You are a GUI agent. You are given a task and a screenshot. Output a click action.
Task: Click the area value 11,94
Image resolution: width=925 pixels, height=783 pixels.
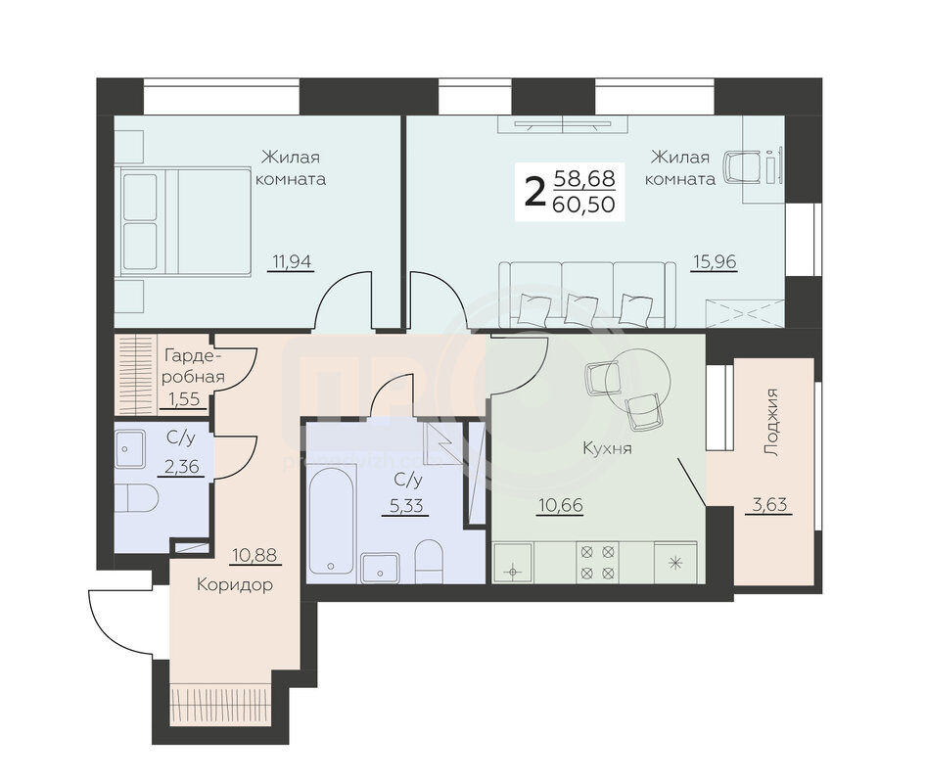tap(292, 260)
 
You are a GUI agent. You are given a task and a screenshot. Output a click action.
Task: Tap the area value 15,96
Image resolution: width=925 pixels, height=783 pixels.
tap(715, 260)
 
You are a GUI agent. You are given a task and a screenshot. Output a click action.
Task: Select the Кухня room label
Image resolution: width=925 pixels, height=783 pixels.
tap(607, 448)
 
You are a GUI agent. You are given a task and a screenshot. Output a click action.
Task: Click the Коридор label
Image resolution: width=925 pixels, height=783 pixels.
tap(234, 584)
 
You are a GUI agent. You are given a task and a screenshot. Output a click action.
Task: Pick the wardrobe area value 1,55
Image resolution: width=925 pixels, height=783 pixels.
tap(184, 399)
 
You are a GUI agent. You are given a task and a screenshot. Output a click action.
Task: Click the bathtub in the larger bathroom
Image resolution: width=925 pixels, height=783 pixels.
tap(331, 521)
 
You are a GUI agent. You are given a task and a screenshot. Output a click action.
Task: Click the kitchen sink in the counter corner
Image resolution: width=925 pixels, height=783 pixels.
tap(513, 563)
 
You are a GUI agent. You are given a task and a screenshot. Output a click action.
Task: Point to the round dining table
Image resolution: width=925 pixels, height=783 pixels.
tap(639, 380)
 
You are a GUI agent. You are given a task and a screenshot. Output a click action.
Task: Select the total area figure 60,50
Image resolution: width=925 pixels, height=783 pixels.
tap(584, 205)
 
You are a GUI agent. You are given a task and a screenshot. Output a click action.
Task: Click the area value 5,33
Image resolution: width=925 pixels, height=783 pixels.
tap(406, 505)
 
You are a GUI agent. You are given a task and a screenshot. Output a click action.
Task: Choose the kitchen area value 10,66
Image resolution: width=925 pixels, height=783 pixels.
tap(561, 505)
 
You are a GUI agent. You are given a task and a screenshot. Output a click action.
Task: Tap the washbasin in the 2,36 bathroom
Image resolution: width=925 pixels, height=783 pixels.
tap(130, 449)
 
